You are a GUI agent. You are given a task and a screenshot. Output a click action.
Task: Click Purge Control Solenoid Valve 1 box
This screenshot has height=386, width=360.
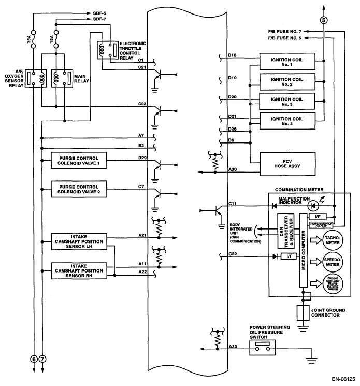click(81, 159)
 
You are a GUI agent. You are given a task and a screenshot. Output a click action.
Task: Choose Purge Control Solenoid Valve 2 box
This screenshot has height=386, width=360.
click(81, 188)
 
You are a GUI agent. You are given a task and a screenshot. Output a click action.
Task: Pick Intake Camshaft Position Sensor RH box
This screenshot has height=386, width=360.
click(81, 270)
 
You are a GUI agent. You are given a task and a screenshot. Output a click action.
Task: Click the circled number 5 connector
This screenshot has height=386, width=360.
click(324, 21)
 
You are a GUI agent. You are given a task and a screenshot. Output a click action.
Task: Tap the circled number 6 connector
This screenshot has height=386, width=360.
click(34, 359)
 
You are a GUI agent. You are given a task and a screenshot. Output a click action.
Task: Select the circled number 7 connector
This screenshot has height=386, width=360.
click(42, 359)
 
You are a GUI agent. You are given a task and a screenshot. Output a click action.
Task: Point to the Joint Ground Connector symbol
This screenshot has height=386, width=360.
click(302, 313)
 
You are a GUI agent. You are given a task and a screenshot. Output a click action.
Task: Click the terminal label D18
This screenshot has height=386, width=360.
click(232, 55)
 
